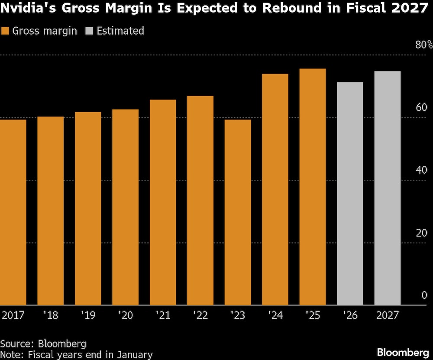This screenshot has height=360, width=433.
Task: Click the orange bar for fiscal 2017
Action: pyautogui.click(x=13, y=212)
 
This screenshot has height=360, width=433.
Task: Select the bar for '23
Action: pyautogui.click(x=238, y=212)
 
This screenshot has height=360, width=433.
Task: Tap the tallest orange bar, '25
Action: pyautogui.click(x=313, y=187)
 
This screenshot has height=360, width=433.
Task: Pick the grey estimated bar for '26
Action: pyautogui.click(x=350, y=193)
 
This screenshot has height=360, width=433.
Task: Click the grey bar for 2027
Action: pyautogui.click(x=388, y=188)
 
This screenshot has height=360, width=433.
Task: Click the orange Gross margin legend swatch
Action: pyautogui.click(x=6, y=31)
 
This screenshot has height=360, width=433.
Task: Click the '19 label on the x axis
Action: pyautogui.click(x=87, y=315)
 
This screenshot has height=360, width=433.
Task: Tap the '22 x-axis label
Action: pyautogui.click(x=200, y=315)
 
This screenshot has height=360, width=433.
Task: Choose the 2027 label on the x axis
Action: pyautogui.click(x=387, y=315)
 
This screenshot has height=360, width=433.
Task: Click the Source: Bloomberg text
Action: pyautogui.click(x=43, y=344)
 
